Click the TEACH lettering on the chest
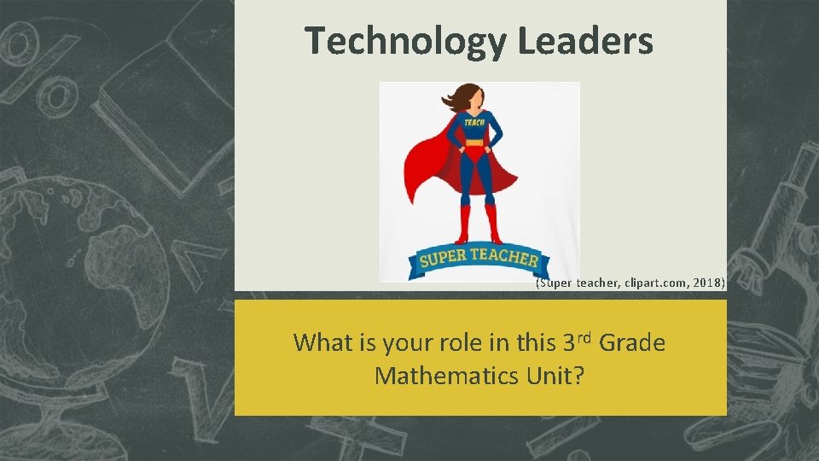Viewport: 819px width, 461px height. click(x=474, y=123)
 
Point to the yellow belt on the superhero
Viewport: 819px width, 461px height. click(x=474, y=143)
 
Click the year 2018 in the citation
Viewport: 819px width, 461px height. click(x=705, y=283)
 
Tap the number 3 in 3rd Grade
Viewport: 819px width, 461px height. click(x=569, y=343)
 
